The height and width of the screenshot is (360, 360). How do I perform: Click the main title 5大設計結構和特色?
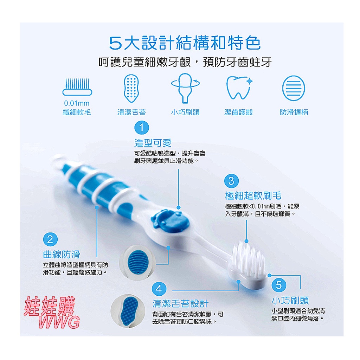(185, 43)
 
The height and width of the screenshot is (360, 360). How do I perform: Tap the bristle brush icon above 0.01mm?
(77, 87)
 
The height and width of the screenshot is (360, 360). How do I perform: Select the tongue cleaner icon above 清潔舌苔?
(131, 88)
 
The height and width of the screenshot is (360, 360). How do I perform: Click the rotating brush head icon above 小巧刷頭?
(185, 88)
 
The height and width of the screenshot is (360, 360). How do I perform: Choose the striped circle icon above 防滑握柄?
(294, 88)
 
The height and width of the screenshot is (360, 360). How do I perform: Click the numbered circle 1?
(142, 128)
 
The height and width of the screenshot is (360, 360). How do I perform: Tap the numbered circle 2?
(50, 239)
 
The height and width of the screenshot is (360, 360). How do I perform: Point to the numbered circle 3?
(231, 181)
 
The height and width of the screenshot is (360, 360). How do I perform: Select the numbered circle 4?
(159, 289)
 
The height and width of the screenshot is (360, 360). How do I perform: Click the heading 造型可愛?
(153, 143)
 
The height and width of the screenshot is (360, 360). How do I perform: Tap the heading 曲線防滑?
(62, 255)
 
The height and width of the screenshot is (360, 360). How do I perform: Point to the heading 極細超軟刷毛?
(253, 195)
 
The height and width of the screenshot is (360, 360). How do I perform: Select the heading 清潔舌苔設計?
(180, 304)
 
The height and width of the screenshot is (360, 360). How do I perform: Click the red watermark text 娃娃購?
(50, 307)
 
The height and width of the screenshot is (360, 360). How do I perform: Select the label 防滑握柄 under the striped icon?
(294, 112)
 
